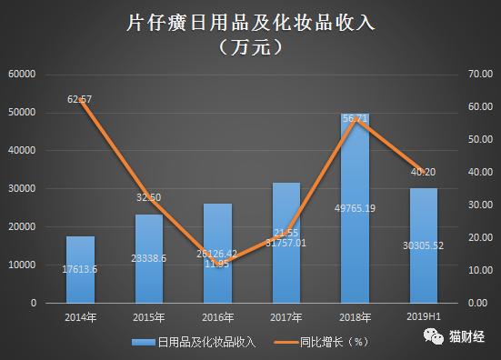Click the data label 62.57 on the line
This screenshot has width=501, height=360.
click(x=81, y=98)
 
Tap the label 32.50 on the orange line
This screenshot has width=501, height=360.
click(x=149, y=196)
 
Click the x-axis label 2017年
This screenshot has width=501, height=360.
click(x=286, y=317)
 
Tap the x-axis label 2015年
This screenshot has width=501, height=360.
click(x=149, y=317)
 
